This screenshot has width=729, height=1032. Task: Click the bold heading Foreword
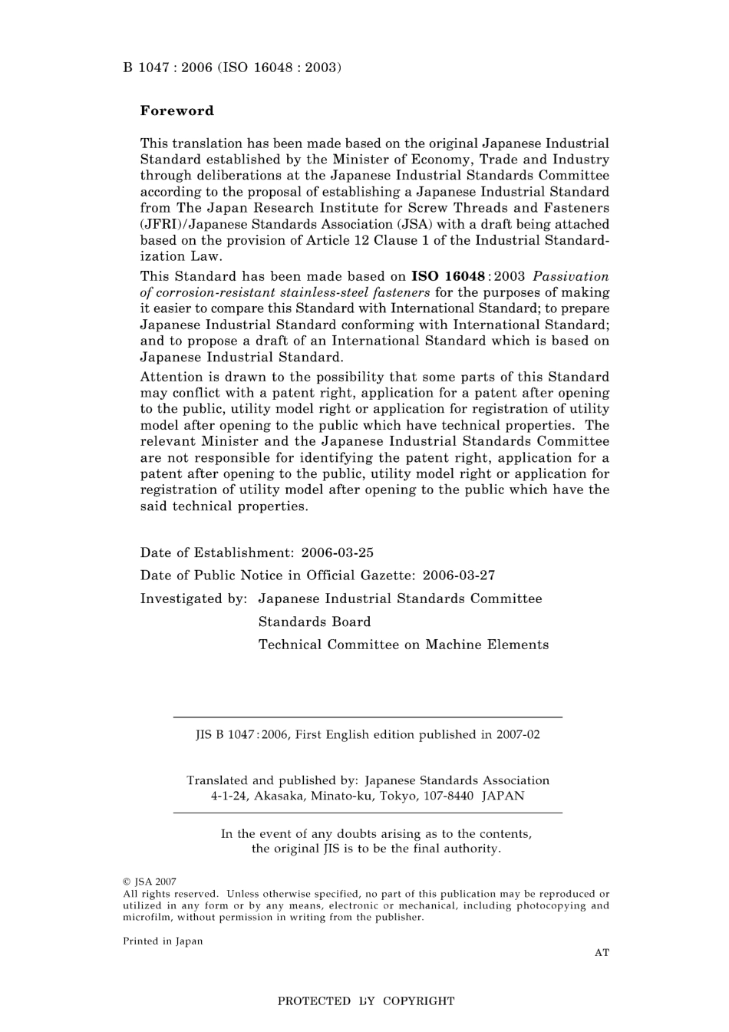click(176, 110)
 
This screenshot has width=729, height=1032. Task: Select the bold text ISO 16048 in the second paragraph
click(448, 276)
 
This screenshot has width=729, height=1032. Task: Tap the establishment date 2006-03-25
click(338, 552)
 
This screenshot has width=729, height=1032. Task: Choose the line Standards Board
click(314, 622)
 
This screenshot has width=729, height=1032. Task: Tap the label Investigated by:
click(193, 598)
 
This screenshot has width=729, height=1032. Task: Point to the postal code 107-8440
click(441, 796)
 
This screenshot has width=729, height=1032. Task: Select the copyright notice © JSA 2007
click(150, 882)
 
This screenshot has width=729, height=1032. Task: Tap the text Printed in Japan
click(163, 941)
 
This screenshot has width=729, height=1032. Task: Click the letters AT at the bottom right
click(602, 952)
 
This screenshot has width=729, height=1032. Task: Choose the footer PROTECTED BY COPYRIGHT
click(365, 1001)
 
